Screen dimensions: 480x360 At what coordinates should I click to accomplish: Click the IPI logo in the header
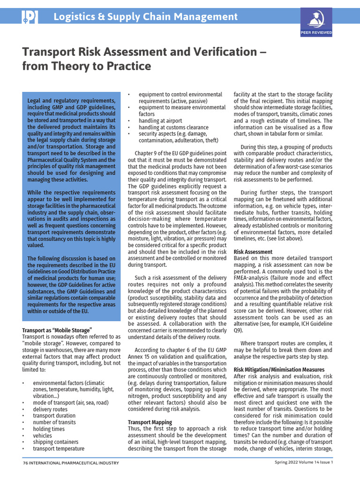coord(30,17)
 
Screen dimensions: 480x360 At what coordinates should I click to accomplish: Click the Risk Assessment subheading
coord(253,252)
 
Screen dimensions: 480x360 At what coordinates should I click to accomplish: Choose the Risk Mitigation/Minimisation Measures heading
coord(279,369)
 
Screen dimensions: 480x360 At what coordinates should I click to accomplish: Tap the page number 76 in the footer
coord(26,463)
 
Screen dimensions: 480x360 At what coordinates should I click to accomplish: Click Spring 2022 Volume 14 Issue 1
coord(304,463)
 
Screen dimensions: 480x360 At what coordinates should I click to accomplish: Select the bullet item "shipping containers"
coord(55,442)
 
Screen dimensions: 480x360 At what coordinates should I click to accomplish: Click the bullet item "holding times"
coord(49,429)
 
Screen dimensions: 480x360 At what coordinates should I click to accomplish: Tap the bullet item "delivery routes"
coord(50,409)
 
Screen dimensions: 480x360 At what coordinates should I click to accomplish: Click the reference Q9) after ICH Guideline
coord(239,330)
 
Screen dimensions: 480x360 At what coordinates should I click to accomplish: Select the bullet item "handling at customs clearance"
coord(173,127)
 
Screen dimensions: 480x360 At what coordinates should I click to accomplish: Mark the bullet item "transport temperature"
coord(59,449)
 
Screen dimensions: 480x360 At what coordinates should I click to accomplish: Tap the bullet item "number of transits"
coord(55,422)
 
